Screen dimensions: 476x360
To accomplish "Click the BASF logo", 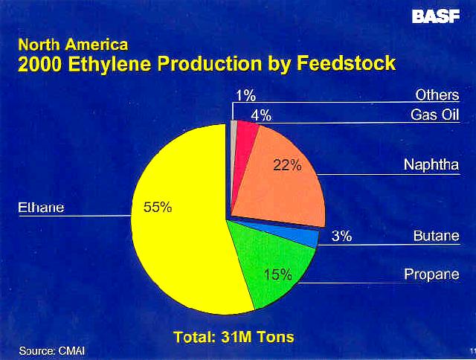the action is click(x=436, y=16).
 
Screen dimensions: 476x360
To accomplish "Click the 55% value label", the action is click(x=158, y=208).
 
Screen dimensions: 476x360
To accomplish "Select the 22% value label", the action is click(x=287, y=165).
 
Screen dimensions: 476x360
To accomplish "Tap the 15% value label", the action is click(x=277, y=274).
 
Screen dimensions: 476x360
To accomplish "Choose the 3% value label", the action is click(x=341, y=236).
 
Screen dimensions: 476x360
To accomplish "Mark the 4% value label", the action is click(x=261, y=115).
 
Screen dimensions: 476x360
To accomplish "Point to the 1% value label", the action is click(x=246, y=96).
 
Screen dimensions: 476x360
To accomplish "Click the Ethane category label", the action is click(x=41, y=208).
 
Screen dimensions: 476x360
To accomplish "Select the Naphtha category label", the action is click(x=431, y=165).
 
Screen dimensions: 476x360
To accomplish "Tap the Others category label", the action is click(x=437, y=95).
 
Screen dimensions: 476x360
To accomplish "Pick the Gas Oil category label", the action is click(x=434, y=115).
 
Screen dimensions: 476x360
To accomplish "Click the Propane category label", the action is click(x=431, y=274).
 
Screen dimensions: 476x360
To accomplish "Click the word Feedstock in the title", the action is click(x=346, y=63).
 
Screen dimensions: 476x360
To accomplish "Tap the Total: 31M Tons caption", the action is click(x=234, y=337).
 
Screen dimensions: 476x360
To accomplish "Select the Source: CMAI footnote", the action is click(x=52, y=351).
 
